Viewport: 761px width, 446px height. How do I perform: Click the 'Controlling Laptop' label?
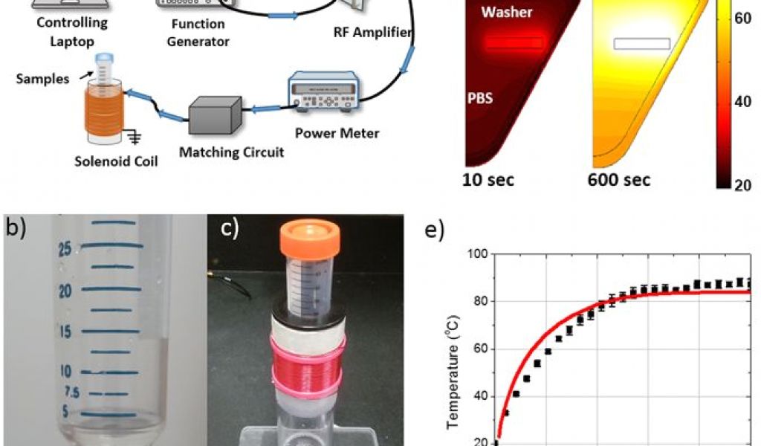point(72,32)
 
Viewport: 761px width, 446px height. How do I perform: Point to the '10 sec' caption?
point(488,179)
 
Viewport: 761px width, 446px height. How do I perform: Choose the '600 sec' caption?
point(618,179)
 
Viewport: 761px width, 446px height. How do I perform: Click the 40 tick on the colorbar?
point(744,102)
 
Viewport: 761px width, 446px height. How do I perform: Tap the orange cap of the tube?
point(311,240)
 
